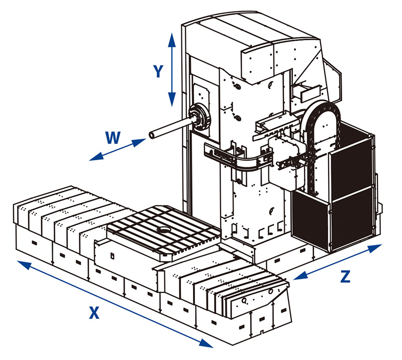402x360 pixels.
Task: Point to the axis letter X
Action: (x=93, y=313)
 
